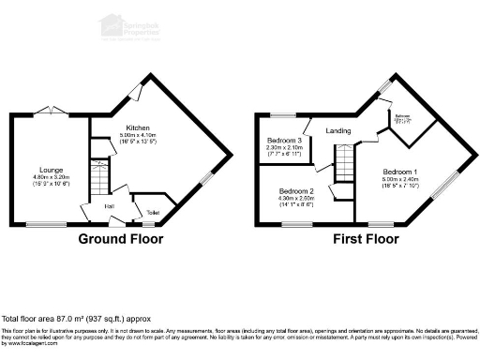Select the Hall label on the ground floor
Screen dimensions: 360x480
click(109, 205)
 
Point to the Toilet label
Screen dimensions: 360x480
click(152, 213)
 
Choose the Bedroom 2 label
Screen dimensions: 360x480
click(295, 190)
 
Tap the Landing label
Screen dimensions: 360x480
click(338, 130)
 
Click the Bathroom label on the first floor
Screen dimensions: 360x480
click(402, 118)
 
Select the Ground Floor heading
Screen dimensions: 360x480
click(120, 239)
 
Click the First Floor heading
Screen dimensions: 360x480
click(366, 239)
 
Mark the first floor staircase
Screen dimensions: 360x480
click(346, 163)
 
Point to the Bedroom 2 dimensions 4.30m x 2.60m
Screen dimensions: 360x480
click(295, 199)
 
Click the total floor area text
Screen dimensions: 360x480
click(75, 320)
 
